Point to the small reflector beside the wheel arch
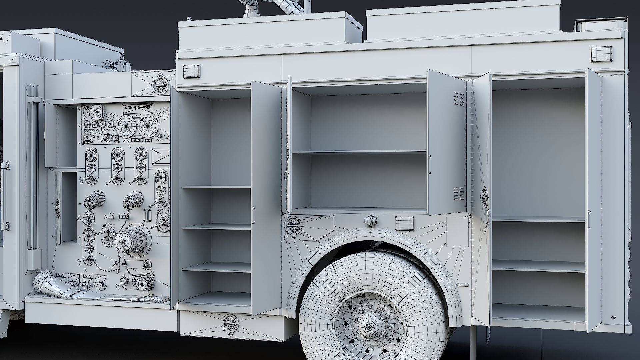(463, 285)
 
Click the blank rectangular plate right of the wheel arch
(457, 232)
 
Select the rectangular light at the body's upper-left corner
(191, 71)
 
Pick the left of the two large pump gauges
(127, 126)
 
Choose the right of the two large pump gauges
(149, 126)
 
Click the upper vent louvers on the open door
(459, 99)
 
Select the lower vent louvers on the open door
(459, 194)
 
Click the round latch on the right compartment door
(483, 196)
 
